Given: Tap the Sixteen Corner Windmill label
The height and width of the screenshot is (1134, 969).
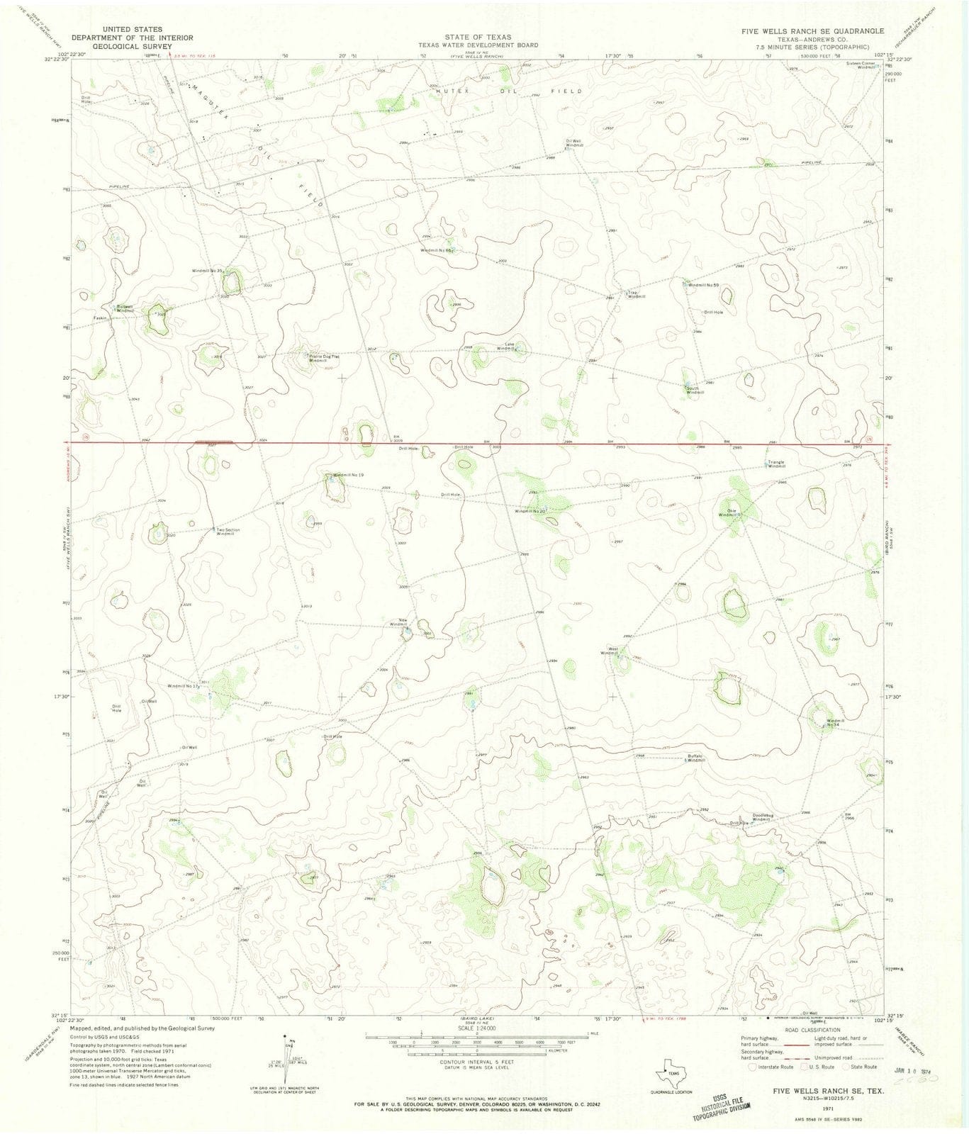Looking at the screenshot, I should click(x=863, y=64).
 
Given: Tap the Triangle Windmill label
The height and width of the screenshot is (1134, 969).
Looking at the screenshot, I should click(x=777, y=464).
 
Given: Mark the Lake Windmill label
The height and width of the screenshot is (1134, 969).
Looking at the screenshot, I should click(x=506, y=347).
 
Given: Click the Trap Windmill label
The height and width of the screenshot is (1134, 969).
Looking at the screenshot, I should click(x=636, y=294).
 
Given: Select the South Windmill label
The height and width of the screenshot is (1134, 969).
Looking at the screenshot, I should click(x=695, y=390).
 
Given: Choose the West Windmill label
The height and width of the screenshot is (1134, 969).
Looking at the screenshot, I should click(x=610, y=651).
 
